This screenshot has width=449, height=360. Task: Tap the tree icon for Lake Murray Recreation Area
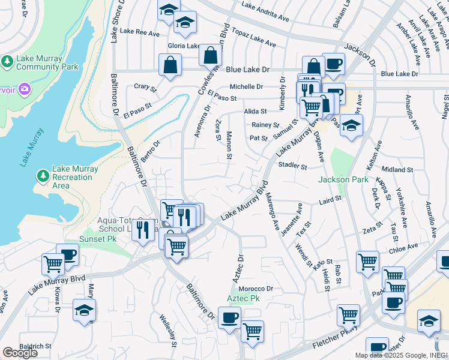[42, 175]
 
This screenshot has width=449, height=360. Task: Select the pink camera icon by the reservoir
[25, 89]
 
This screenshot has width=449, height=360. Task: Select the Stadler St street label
[293, 165]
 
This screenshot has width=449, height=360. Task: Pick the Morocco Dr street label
[256, 289]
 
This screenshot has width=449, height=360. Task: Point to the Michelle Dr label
[246, 87]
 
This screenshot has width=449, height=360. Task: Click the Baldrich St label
[35, 346]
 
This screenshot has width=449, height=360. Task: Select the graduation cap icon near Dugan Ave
[351, 125]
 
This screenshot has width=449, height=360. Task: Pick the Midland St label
[397, 170]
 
